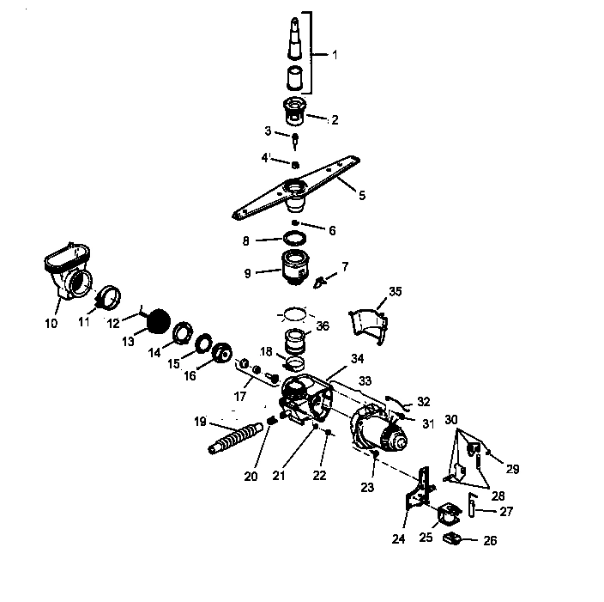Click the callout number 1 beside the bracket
(x=334, y=55)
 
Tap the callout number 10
(x=51, y=323)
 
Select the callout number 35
(x=395, y=292)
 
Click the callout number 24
(x=398, y=539)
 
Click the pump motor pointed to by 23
(x=383, y=431)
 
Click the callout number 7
(x=345, y=267)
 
